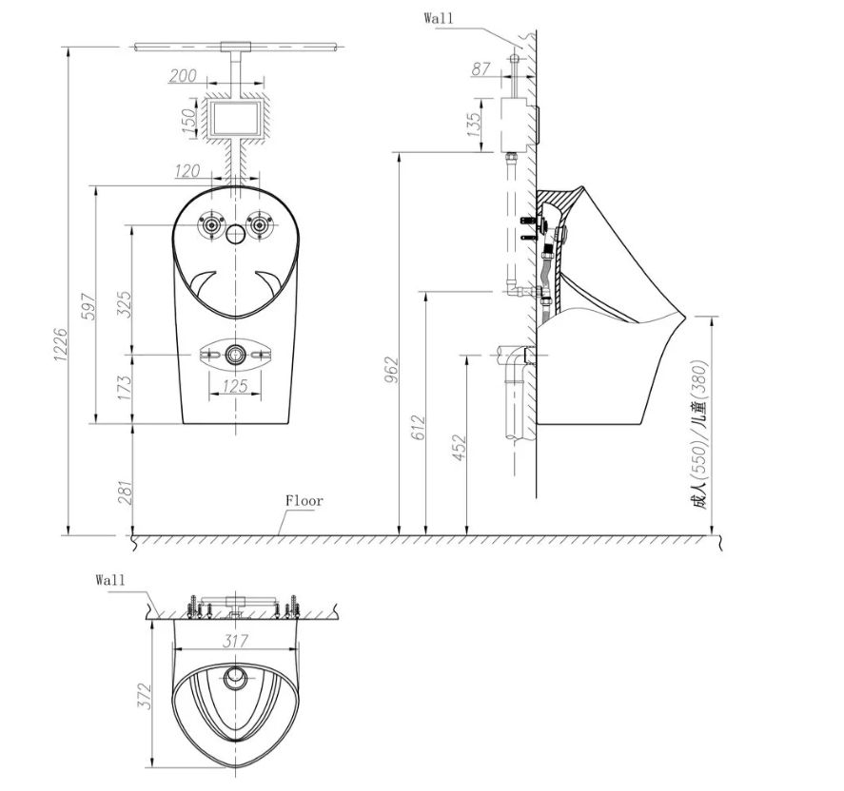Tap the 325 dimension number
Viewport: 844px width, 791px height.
pos(124,303)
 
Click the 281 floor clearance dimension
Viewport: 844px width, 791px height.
pos(124,492)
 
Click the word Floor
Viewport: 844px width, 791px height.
pos(304,500)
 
